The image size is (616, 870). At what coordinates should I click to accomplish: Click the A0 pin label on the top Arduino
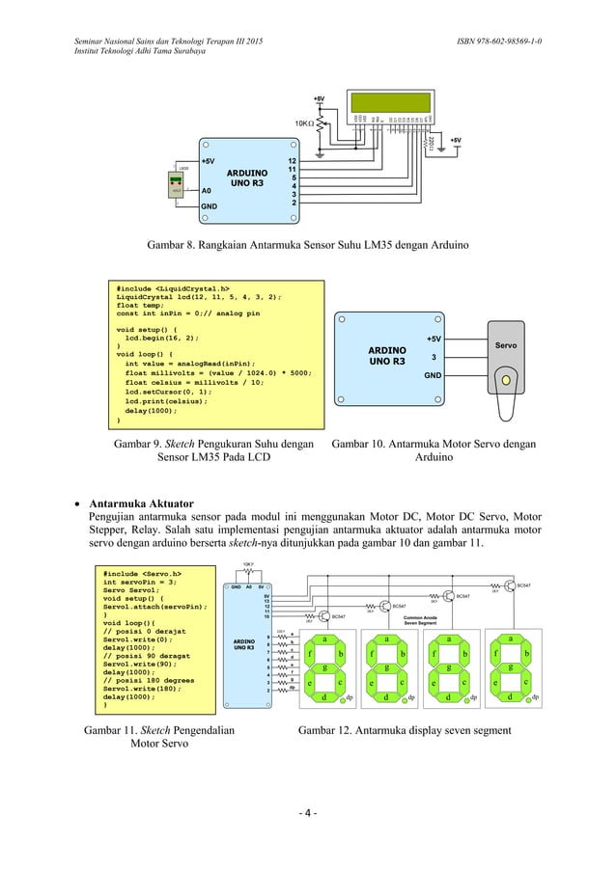[208, 191]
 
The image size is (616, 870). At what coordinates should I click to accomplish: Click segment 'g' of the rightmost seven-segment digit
[509, 666]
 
